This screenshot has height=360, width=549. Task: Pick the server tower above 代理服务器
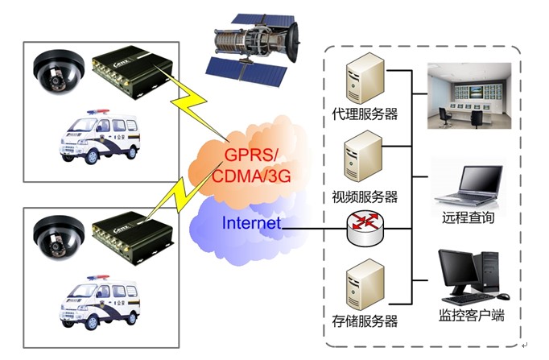click(360, 77)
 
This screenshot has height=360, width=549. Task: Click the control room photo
click(469, 96)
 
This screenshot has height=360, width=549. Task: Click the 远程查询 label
click(469, 218)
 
